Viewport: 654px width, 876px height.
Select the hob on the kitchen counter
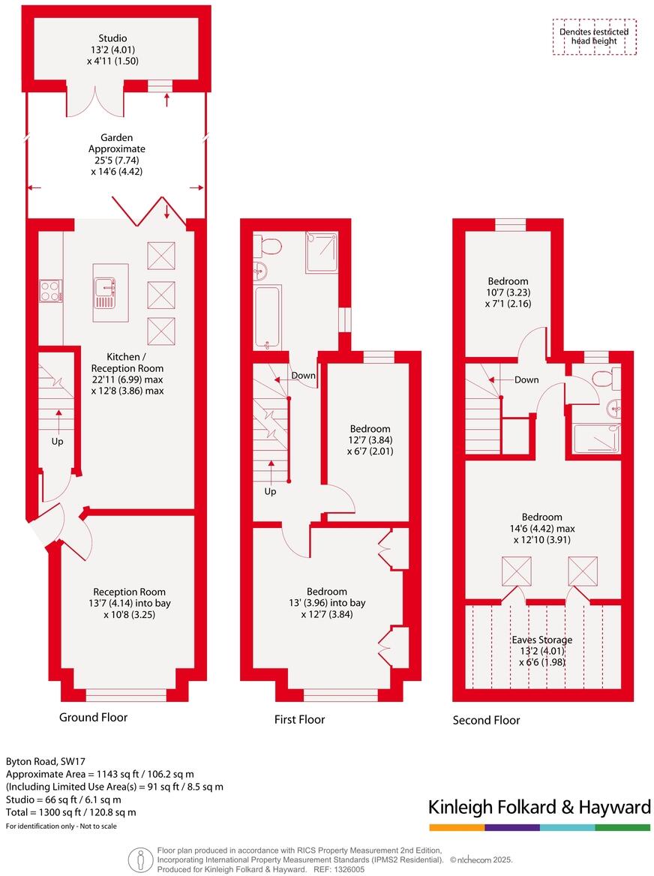click(50, 290)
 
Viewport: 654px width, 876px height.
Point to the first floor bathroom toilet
click(268, 244)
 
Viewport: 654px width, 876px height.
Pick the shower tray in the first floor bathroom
click(321, 251)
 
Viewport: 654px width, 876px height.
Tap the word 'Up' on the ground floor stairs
click(57, 441)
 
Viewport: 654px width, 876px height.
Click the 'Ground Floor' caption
click(93, 718)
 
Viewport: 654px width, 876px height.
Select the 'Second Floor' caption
click(486, 721)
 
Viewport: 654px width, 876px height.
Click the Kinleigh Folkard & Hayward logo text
click(539, 807)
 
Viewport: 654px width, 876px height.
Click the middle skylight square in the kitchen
click(160, 294)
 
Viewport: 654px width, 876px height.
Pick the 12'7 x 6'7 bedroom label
click(369, 440)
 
